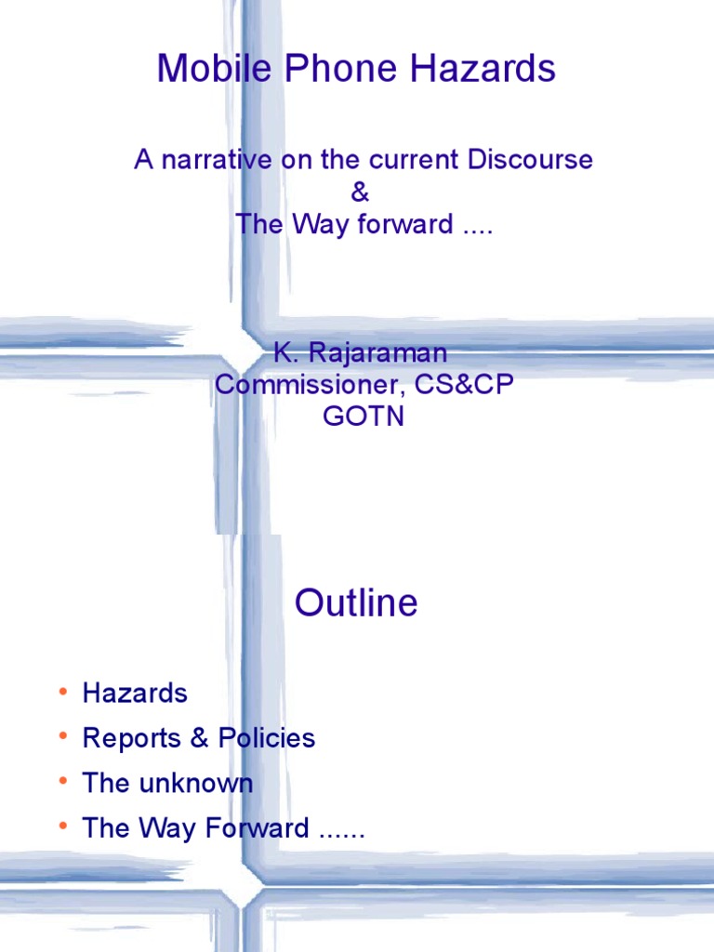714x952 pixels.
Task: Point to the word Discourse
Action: coord(529,160)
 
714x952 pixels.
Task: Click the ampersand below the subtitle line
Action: coord(360,192)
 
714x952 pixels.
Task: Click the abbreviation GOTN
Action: coord(364,416)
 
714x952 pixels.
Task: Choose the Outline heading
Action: coord(356,603)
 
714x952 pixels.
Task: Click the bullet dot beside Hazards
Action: coord(62,692)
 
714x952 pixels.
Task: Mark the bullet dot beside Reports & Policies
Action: coord(62,737)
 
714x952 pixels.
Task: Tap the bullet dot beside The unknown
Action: coord(62,782)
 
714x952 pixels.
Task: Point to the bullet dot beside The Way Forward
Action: coord(62,827)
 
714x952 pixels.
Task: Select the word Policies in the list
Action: coord(267,738)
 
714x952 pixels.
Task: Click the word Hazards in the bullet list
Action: coord(135,693)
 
